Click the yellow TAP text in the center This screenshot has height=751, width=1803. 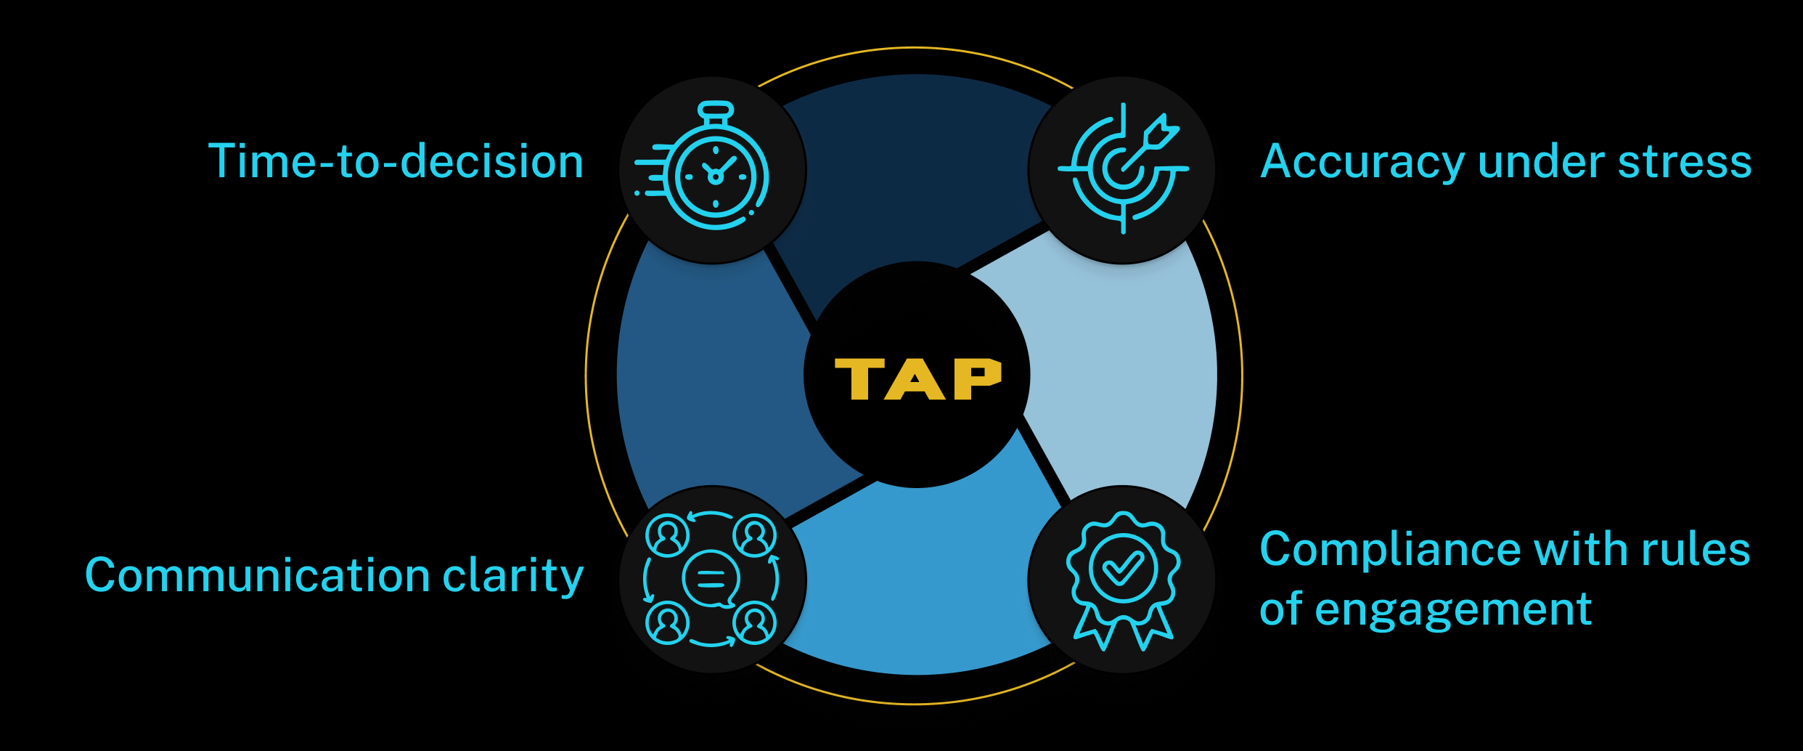click(917, 378)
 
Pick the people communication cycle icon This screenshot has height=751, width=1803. click(711, 580)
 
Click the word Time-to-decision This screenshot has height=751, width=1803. click(396, 161)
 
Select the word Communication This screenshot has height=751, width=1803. click(258, 575)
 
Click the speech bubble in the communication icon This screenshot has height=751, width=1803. click(711, 580)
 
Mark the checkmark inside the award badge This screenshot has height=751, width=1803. click(1123, 569)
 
